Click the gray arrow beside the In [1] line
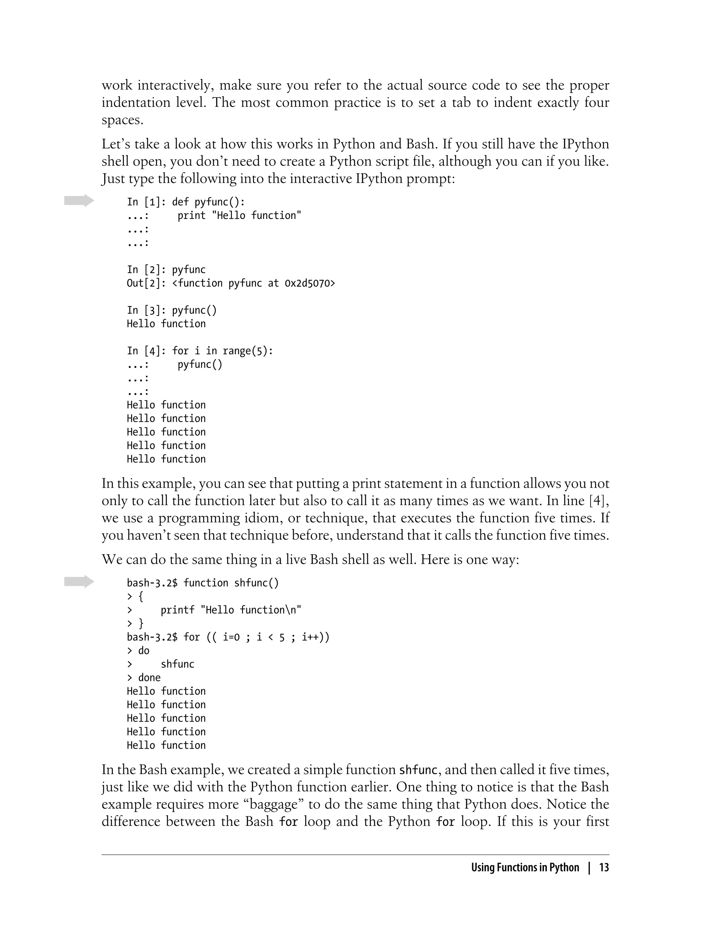[x=79, y=201]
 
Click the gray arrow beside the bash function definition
[x=79, y=581]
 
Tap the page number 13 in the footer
[x=604, y=867]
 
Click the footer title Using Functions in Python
[x=525, y=867]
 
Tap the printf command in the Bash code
[x=177, y=610]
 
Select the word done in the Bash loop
[x=149, y=678]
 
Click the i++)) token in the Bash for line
[x=315, y=637]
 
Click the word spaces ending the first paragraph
[x=122, y=120]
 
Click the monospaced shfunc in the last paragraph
[x=418, y=770]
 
